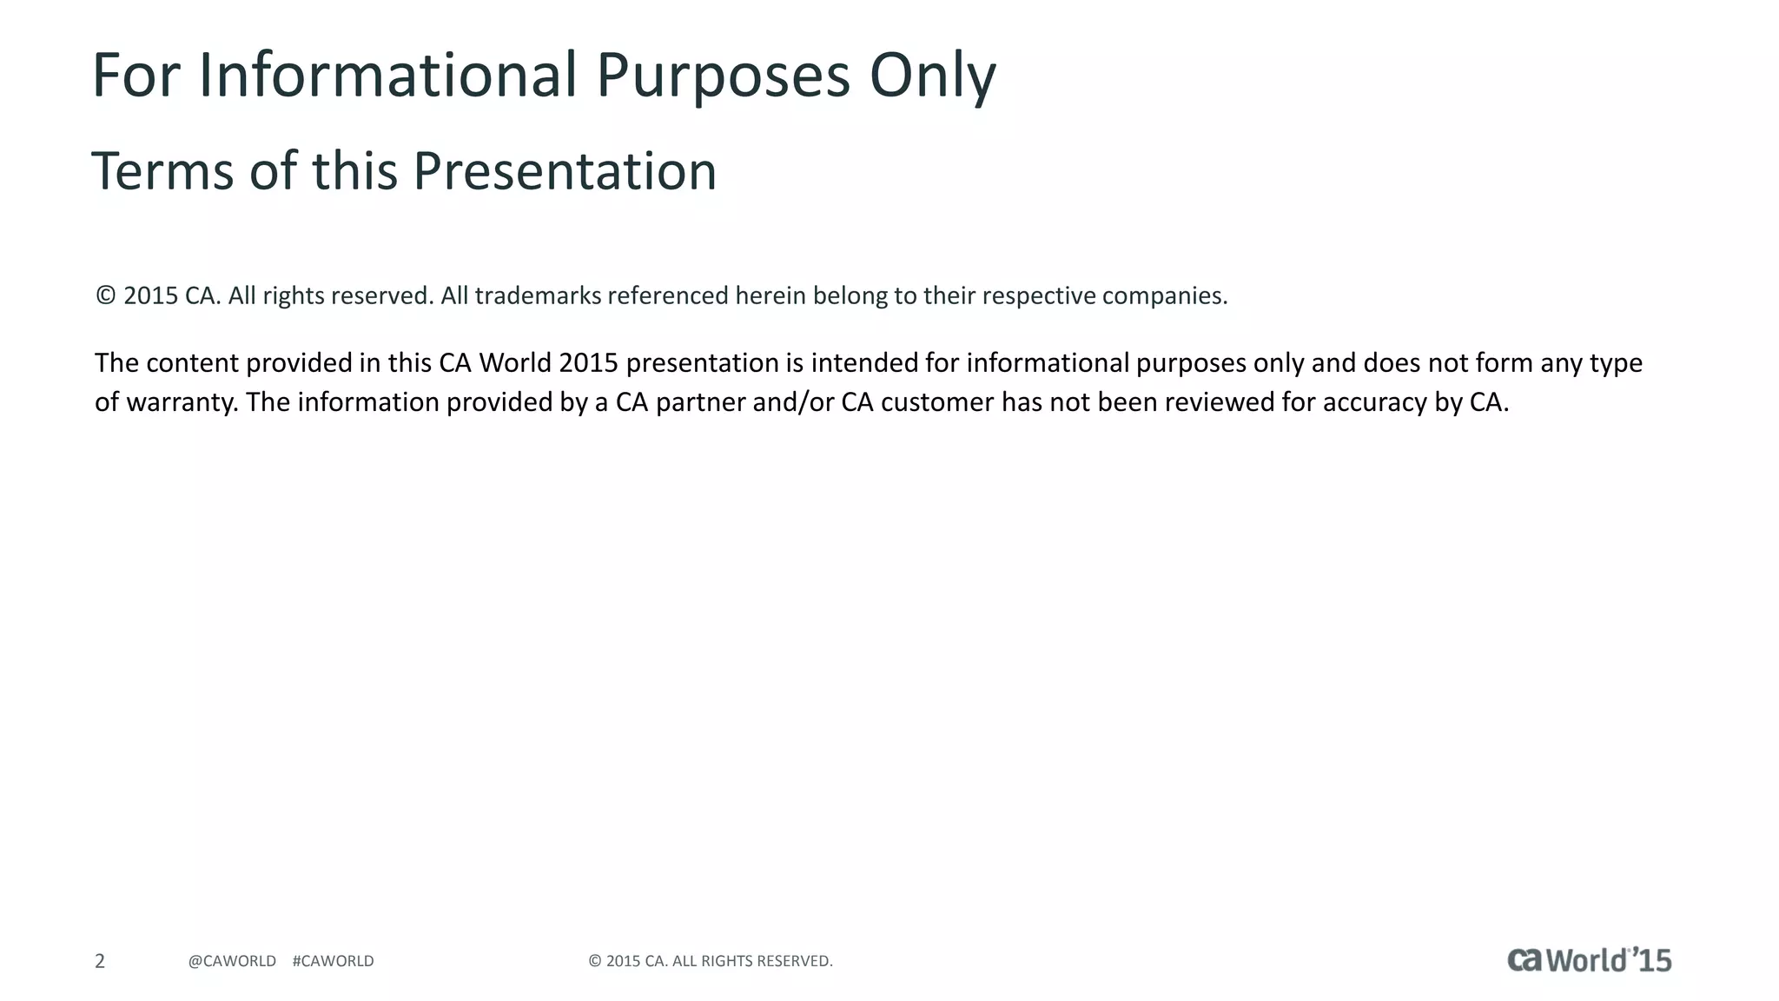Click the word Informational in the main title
point(388,75)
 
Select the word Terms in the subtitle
point(162,171)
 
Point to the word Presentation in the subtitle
point(565,171)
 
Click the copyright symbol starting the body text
point(105,295)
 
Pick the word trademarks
point(538,296)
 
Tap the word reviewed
point(1219,402)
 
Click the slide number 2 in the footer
point(100,961)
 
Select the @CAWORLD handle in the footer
point(232,961)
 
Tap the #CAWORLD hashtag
point(334,961)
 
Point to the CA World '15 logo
point(1589,959)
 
